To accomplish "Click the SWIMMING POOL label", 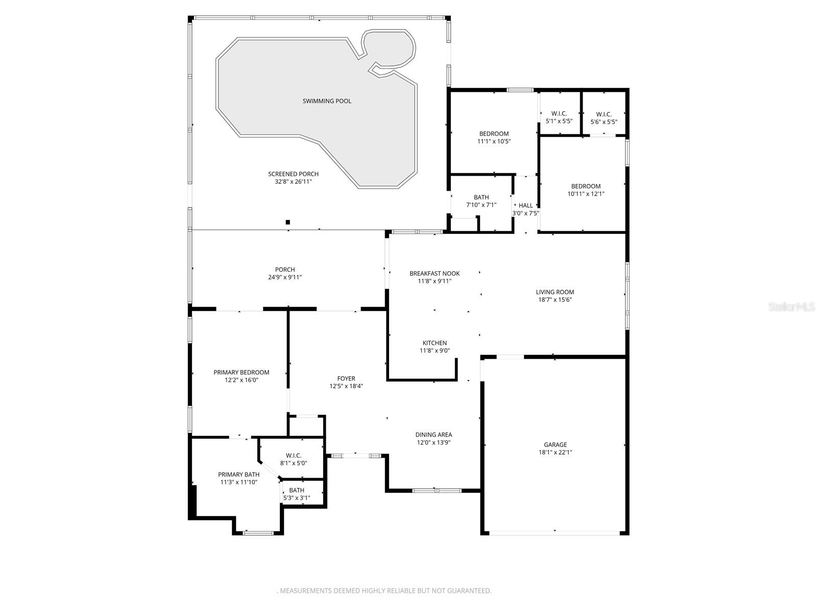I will coord(327,101).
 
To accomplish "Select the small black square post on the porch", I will coord(288,222).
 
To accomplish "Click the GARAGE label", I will coord(555,444).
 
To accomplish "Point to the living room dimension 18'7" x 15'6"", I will coord(555,300).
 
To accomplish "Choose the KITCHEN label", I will coord(435,343).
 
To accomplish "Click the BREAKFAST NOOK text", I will coord(435,273).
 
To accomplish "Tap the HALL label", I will coord(526,205).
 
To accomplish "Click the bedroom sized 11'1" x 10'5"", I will coord(494,137).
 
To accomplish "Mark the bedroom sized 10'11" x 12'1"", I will coord(586,190).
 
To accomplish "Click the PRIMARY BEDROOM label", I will coord(241,372).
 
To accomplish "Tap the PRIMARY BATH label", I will coord(238,475).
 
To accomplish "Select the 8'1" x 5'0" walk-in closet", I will coord(294,459).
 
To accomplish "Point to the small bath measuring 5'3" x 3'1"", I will coord(297,494).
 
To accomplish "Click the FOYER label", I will coord(346,379).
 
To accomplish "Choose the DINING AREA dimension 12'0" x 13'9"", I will coord(434,443).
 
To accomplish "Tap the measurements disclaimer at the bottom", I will coord(384,591).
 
